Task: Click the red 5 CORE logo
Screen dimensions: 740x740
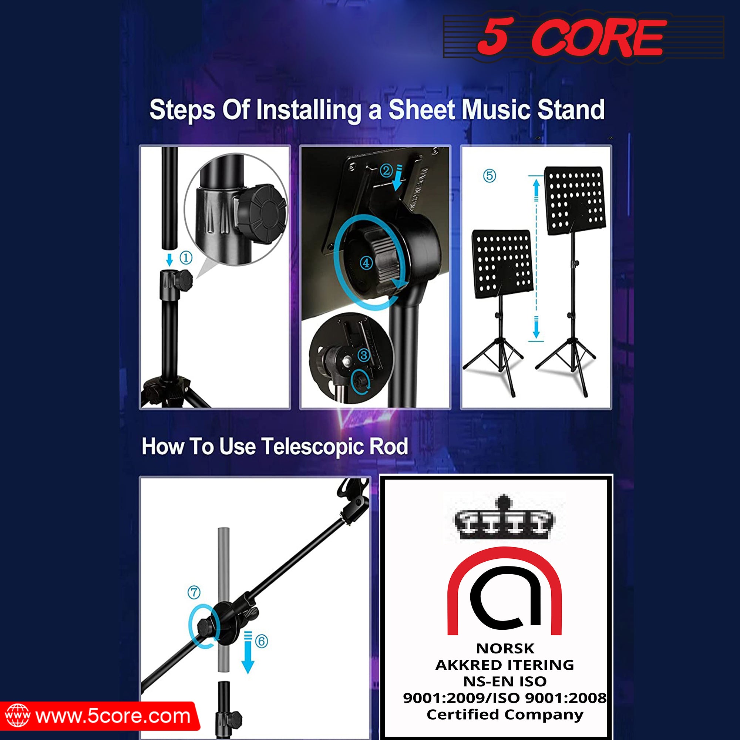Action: click(571, 37)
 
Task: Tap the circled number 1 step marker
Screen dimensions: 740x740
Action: click(186, 258)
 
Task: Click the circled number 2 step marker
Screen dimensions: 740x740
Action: click(386, 171)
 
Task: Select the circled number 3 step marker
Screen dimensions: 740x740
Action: click(364, 355)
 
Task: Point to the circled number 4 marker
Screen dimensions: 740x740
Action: click(366, 263)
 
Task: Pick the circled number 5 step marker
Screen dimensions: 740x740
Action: click(490, 176)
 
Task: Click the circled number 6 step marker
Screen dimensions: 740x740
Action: click(262, 641)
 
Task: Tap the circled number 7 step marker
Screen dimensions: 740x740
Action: click(194, 592)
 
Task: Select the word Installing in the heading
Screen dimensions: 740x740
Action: click(309, 110)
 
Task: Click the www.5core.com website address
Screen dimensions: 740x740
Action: click(113, 716)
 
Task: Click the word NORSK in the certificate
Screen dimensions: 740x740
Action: click(505, 649)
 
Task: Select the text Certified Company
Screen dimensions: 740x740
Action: click(505, 714)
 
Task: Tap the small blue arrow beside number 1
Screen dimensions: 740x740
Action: click(170, 259)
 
